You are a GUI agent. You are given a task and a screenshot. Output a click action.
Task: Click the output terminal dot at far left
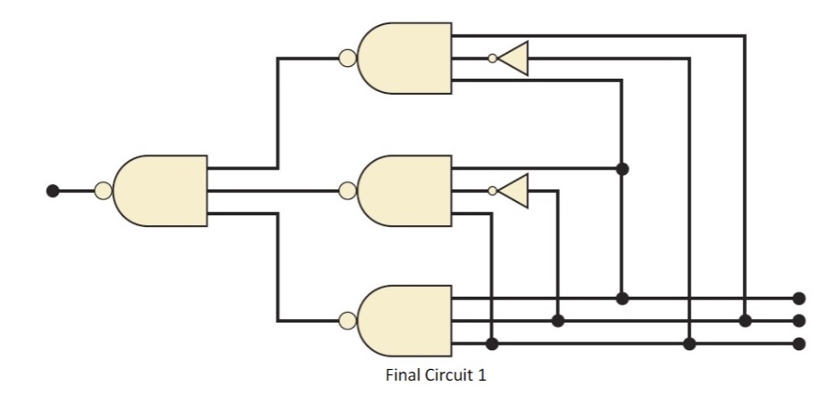53,190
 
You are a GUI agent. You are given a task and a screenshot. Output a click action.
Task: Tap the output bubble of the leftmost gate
103,190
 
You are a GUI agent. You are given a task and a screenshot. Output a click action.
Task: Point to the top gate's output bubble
347,59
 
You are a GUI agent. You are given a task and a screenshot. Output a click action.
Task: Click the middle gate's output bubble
347,190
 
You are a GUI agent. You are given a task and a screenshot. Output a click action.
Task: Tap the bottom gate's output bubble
347,321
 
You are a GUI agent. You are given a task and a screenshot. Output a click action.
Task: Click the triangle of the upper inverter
515,59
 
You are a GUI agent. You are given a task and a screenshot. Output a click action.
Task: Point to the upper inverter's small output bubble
492,59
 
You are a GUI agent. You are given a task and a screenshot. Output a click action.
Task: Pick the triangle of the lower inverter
515,190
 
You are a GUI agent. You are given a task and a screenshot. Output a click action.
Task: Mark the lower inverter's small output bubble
492,190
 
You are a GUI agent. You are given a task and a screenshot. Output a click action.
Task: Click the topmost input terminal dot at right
799,298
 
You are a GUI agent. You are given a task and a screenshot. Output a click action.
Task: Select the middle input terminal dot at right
799,320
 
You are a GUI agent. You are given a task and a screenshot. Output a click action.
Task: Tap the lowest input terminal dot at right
799,343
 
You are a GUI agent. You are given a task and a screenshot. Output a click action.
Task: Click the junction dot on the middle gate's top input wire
623,168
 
